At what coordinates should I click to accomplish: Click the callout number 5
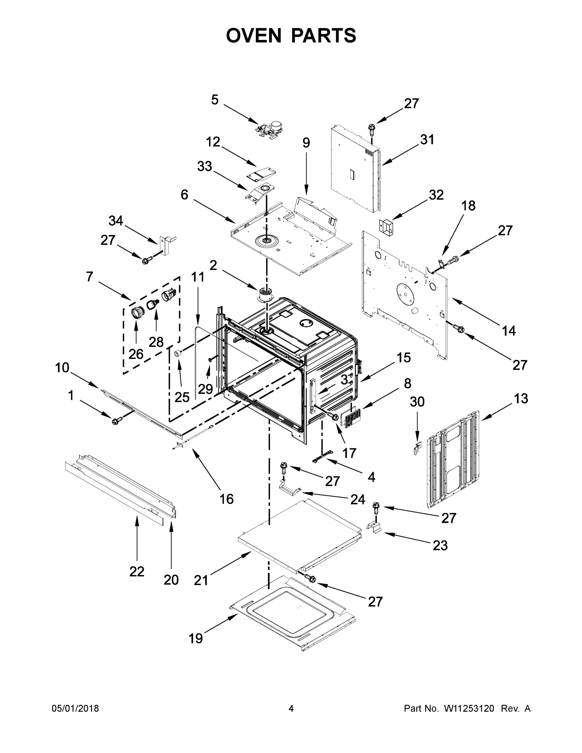pyautogui.click(x=215, y=100)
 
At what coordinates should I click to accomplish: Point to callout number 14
pyautogui.click(x=509, y=331)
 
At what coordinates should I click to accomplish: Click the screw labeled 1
pyautogui.click(x=116, y=420)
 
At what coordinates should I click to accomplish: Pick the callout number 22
pyautogui.click(x=136, y=572)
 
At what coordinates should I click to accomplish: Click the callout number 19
pyautogui.click(x=195, y=638)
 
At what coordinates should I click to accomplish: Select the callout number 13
pyautogui.click(x=521, y=398)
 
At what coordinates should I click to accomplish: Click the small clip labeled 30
pyautogui.click(x=417, y=448)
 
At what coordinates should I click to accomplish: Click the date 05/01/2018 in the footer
pyautogui.click(x=75, y=708)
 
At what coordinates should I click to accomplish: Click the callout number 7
pyautogui.click(x=90, y=276)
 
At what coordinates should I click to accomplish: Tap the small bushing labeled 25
pyautogui.click(x=178, y=353)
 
